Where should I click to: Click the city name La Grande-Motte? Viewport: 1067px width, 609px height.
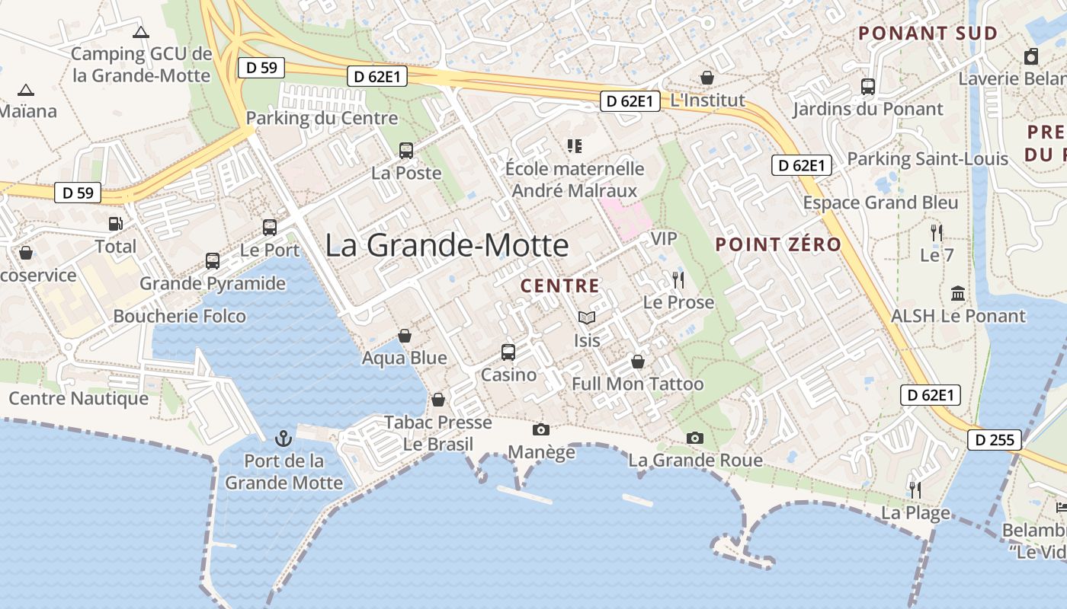(447, 246)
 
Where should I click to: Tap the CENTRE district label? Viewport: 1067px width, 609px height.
(559, 286)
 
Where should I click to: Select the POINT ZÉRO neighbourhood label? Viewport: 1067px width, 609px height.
(778, 245)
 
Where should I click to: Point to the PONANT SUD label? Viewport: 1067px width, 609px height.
(928, 33)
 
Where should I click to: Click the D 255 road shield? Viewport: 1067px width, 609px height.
(994, 440)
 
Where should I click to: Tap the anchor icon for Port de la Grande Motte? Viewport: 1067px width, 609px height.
(284, 438)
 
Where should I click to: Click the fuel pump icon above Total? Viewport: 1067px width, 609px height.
(115, 224)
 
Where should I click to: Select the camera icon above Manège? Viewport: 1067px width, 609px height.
(541, 430)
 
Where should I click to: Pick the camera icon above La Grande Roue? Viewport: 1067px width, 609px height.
(694, 438)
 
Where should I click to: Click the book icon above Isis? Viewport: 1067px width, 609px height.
(586, 318)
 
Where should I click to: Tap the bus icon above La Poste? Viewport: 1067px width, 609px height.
(406, 151)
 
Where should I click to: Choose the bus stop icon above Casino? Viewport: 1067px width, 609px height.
(508, 352)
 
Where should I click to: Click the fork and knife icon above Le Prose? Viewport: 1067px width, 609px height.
(678, 280)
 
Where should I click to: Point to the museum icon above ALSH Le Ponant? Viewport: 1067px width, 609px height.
(958, 293)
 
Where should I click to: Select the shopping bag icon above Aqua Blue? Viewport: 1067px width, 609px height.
(405, 336)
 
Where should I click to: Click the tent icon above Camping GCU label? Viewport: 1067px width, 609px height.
(140, 32)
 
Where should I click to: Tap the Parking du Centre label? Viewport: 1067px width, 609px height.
(322, 118)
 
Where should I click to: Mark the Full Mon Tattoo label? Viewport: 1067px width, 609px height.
(637, 384)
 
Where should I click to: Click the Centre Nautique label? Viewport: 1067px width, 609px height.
(79, 398)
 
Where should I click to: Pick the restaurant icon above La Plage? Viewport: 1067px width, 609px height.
(915, 489)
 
